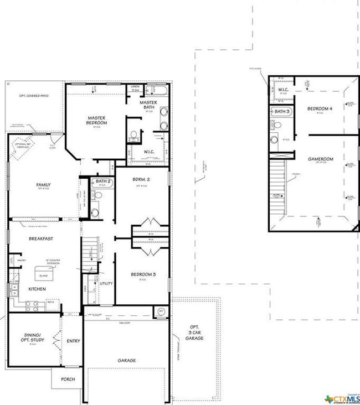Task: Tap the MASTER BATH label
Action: pos(148,105)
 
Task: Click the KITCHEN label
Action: pos(37,289)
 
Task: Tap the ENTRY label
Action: pos(73,341)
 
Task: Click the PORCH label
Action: pos(68,380)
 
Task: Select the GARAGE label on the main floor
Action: pos(127,360)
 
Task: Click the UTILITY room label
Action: pos(106,283)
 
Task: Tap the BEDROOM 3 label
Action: pos(143,274)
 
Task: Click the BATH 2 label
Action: pos(104,181)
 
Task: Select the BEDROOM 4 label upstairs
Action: pos(320,109)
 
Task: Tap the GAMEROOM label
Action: pos(320,159)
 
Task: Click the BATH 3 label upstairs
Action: pos(282,111)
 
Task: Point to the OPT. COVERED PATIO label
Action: pos(34,96)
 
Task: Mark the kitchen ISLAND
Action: pos(44,272)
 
